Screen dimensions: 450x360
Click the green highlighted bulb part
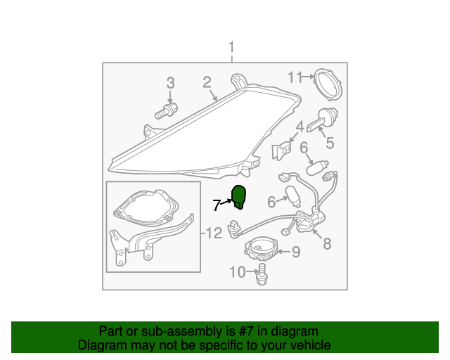pos(238,197)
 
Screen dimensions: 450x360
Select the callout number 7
pos(217,205)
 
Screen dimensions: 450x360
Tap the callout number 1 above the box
pos(231,47)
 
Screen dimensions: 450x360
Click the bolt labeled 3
pos(166,111)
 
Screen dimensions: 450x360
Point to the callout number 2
pos(207,82)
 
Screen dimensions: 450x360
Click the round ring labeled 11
pos(328,84)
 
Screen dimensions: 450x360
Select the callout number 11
pos(295,77)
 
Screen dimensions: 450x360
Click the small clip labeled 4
pos(281,150)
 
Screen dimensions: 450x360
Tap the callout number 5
pos(330,143)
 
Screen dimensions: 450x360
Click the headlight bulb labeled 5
pos(323,119)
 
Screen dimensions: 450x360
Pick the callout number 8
pos(327,244)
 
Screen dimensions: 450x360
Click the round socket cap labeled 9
pos(261,249)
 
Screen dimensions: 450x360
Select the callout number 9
pos(296,252)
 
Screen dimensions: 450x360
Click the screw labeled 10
pos(261,274)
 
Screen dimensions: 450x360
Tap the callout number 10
pos(238,271)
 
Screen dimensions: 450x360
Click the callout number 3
pos(170,83)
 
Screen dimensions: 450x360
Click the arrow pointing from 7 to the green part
pos(226,202)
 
